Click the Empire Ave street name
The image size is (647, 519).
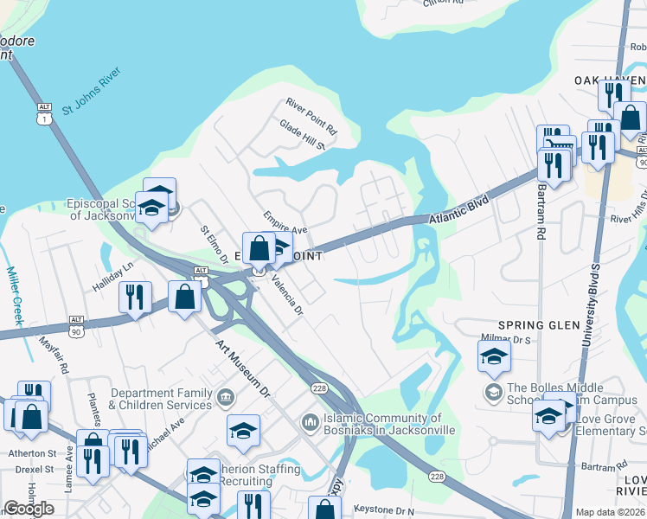click(285, 222)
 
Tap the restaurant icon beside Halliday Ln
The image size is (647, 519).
click(135, 298)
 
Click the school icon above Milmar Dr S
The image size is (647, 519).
click(494, 356)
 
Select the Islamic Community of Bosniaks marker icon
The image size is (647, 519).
click(311, 422)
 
